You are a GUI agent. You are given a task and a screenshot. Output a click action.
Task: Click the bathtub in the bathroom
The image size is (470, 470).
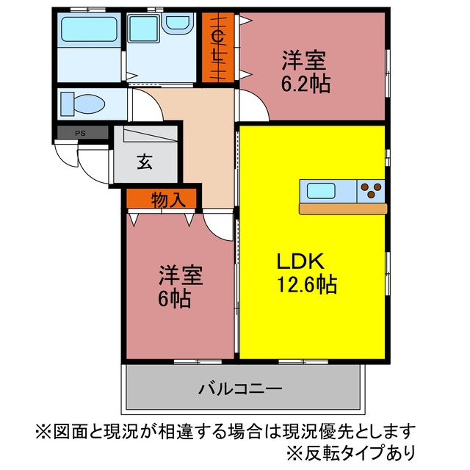coord(89,29)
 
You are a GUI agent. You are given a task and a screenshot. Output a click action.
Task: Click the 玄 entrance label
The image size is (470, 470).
coord(145,162)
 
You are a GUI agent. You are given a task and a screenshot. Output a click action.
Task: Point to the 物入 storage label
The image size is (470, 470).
coord(168,200)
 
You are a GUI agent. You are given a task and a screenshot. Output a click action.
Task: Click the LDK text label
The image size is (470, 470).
coord(300,261)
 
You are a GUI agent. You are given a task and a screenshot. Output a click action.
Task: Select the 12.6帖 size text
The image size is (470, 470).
coord(307,284)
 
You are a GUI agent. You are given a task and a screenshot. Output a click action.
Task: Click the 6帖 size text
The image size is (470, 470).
coord(175,298)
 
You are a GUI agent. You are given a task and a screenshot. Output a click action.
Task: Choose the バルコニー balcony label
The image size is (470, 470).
coord(240,388)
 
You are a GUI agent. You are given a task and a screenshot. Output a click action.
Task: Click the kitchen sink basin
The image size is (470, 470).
coord(321,191)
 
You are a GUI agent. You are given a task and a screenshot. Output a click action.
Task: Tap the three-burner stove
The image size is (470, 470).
coord(371,191)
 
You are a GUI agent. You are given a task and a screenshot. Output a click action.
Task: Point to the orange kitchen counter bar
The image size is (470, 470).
coord(343,209)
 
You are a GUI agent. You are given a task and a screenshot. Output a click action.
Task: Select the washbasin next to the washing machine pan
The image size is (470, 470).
coord(178,23)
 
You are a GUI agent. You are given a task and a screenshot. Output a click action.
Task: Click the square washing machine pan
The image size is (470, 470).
coord(144,29)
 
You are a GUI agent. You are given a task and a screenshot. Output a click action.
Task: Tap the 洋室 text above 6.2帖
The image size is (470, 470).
coord(303,60)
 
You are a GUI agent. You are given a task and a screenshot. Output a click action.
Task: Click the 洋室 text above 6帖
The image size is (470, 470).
coord(181,275)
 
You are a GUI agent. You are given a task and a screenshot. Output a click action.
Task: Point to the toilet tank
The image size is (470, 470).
coord(68,104)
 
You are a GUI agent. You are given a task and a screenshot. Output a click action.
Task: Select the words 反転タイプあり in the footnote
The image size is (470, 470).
coord(360,452)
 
